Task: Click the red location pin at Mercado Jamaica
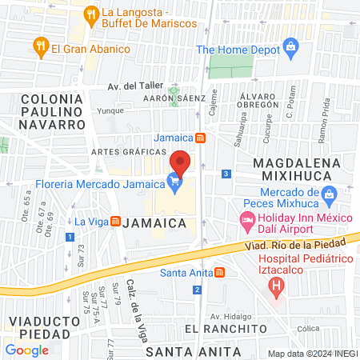(182, 162)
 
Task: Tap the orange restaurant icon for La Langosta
(92, 14)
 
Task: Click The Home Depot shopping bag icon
(290, 49)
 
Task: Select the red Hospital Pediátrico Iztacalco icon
(276, 283)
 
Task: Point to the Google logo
(26, 350)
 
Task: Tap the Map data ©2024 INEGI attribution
(312, 354)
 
